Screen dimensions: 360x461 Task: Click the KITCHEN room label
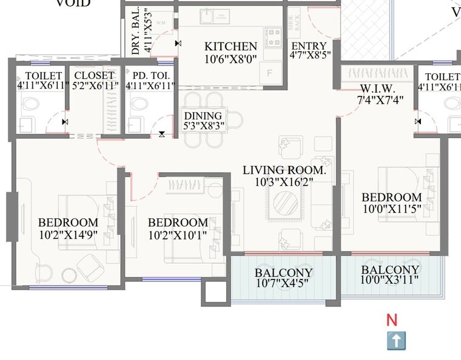pos(231,47)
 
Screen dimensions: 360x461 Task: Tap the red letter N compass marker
pos(392,321)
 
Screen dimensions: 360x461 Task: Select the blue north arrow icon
pos(395,341)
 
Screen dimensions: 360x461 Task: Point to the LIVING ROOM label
pos(284,171)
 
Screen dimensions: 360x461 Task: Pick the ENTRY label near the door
pos(309,47)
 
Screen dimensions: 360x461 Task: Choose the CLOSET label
pos(93,76)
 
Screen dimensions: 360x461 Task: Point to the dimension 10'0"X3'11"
pos(389,281)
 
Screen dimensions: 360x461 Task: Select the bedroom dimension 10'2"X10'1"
pos(178,234)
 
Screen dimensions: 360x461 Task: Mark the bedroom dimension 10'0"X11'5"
pos(391,208)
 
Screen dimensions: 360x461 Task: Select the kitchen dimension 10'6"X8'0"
pos(231,59)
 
